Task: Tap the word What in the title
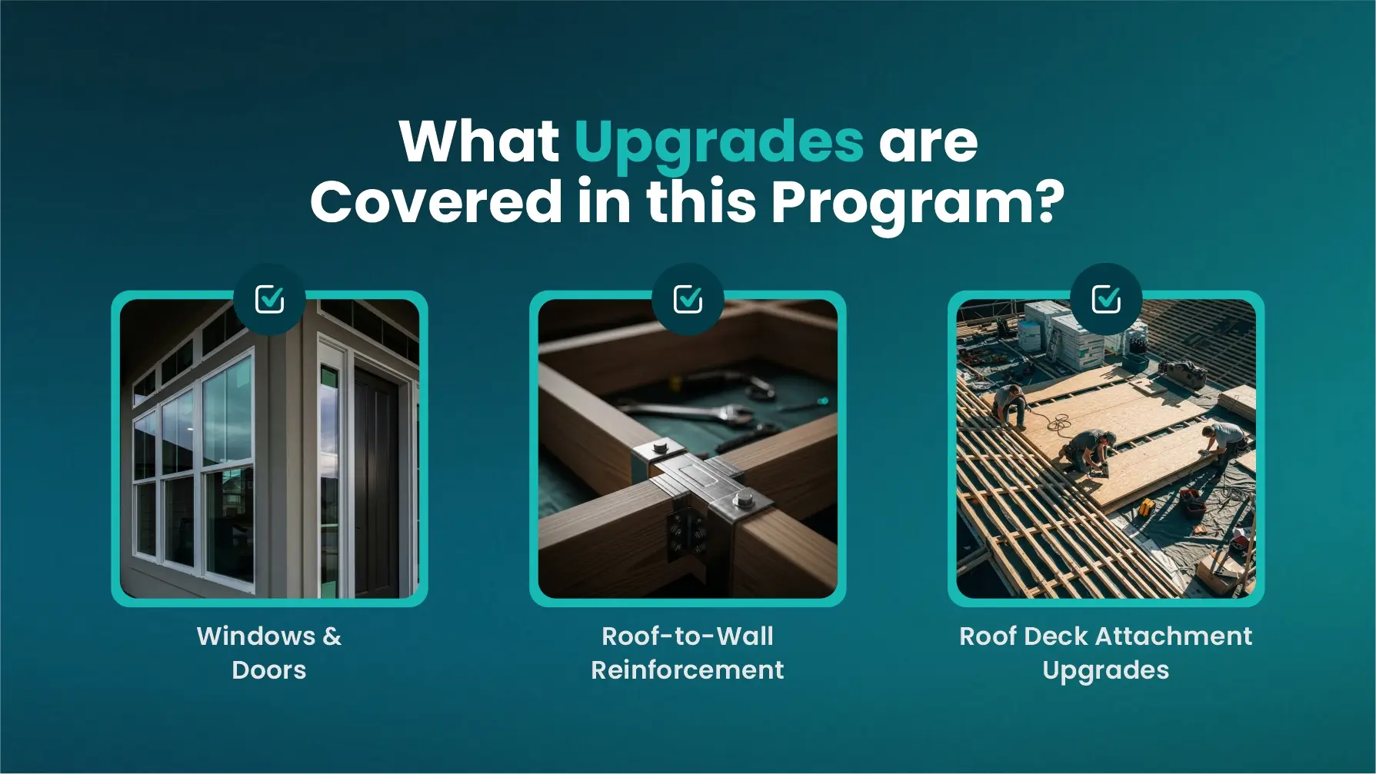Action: point(479,141)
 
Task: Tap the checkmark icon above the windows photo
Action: point(269,298)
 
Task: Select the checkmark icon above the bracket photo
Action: point(688,298)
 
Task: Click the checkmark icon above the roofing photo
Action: point(1106,298)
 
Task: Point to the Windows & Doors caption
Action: point(269,653)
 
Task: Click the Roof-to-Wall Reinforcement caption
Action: point(688,653)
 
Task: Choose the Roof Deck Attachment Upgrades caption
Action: point(1106,653)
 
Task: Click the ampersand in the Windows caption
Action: point(332,636)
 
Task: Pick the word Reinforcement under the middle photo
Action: point(688,670)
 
